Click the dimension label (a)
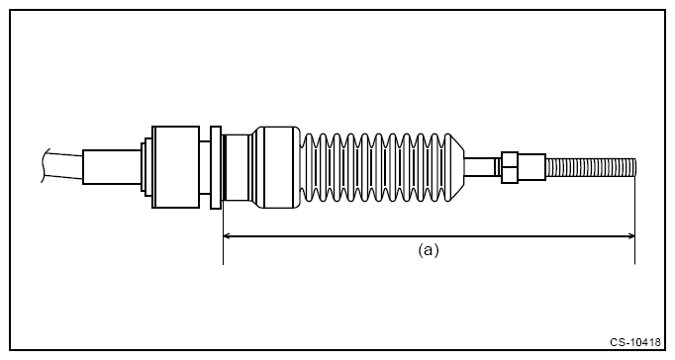(428, 250)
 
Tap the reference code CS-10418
(635, 341)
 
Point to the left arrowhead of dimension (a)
(228, 235)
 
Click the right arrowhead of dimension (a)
(629, 235)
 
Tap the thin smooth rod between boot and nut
(483, 165)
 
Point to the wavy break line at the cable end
(46, 166)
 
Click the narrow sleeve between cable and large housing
(111, 166)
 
